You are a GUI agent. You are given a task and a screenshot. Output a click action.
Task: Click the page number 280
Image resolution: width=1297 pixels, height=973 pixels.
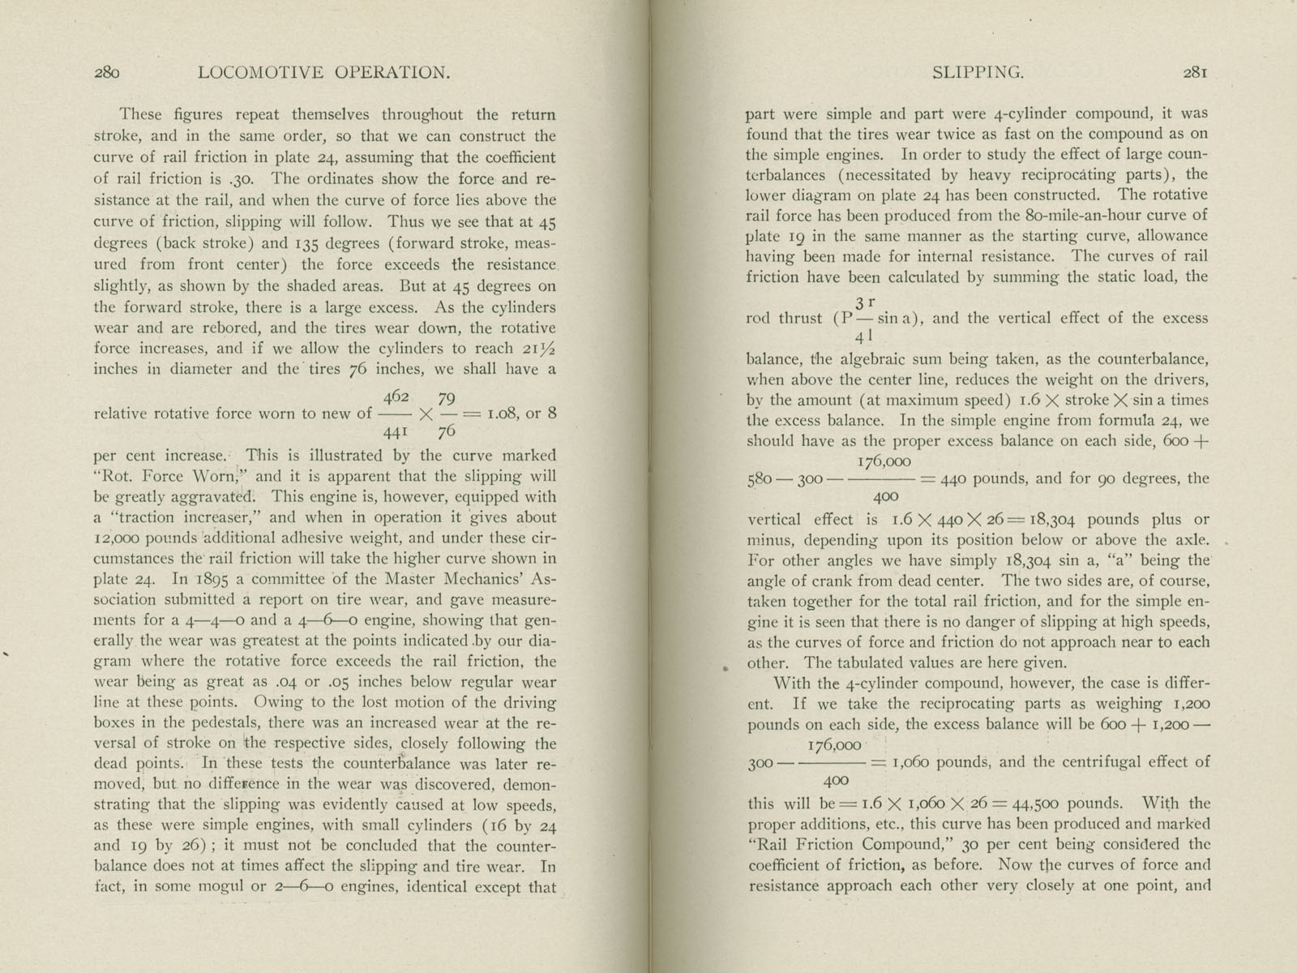coord(107,73)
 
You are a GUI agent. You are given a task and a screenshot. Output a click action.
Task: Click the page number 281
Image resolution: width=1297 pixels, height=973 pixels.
coord(1196,73)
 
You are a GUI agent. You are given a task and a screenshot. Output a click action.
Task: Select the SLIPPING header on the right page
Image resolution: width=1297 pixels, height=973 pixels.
coord(978,73)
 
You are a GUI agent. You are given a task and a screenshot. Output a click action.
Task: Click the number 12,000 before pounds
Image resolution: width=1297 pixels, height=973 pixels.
coord(120,538)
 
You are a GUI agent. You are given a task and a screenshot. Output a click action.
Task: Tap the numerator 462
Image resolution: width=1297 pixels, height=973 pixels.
coord(396,398)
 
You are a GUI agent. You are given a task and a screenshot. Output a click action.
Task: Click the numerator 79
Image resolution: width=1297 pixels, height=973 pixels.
coord(446,398)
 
